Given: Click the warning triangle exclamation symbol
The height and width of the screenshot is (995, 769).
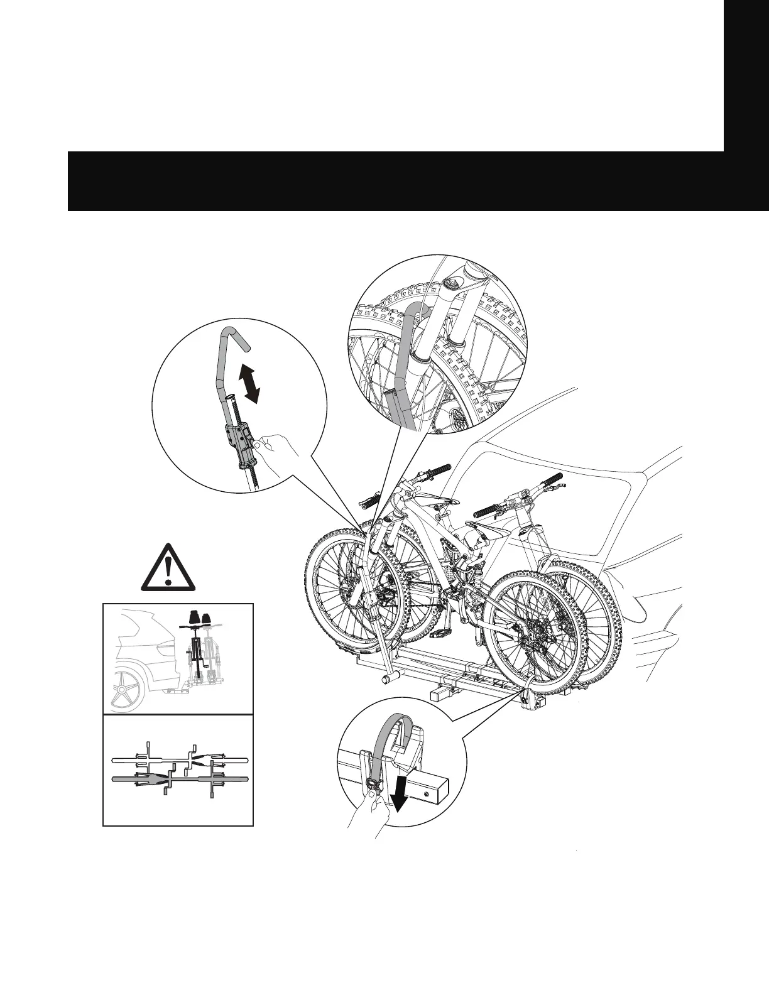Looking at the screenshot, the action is coord(168,566).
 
